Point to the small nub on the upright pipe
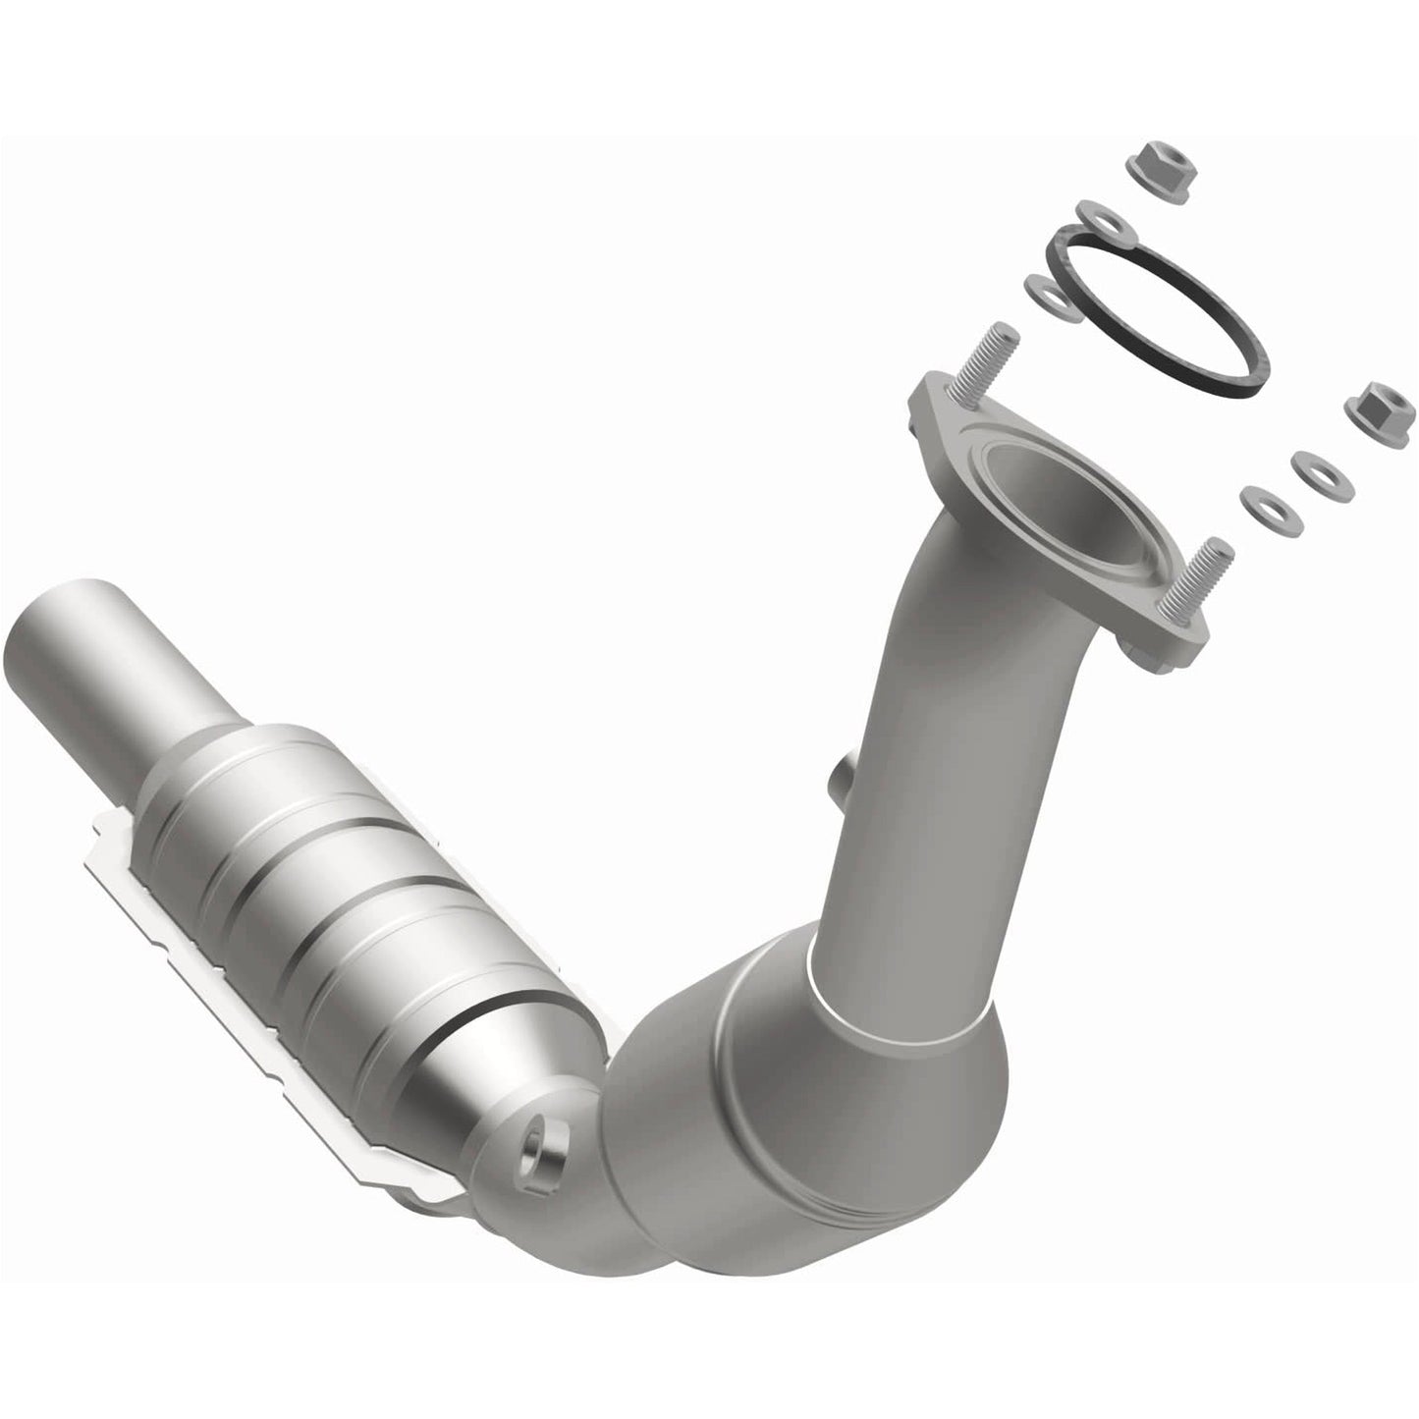(839, 792)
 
